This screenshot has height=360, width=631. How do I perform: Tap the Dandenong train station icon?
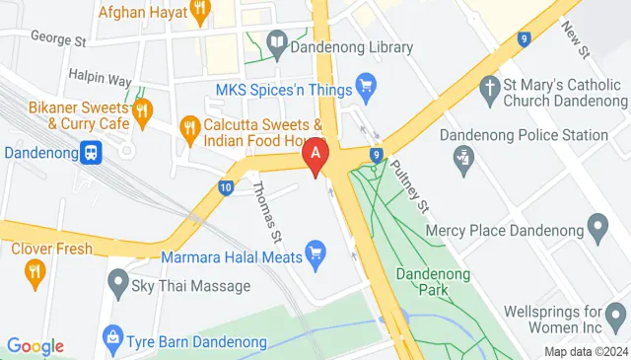tap(92, 153)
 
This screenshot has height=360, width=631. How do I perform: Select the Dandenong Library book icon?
tap(277, 44)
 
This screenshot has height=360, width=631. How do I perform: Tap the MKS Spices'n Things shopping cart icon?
tap(366, 88)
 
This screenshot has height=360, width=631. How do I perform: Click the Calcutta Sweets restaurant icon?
tap(188, 126)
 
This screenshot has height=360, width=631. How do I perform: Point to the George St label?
tap(59, 39)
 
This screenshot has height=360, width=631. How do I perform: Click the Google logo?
tap(35, 346)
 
